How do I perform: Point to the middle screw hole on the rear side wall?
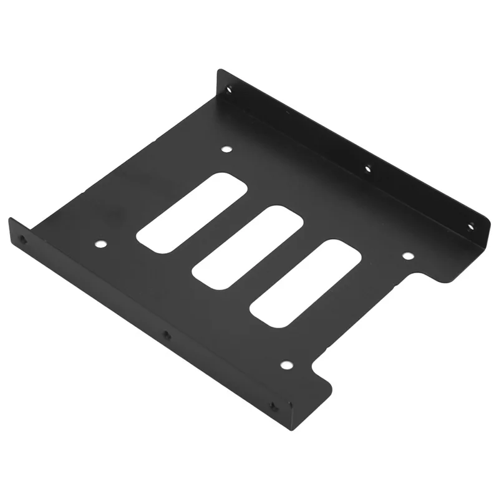[x=368, y=167]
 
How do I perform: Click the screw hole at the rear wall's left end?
[x=230, y=89]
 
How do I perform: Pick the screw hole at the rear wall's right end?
[x=471, y=226]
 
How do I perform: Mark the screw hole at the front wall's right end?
[x=273, y=407]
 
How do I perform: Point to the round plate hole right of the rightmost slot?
[x=407, y=256]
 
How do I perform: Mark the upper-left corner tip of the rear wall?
[x=220, y=72]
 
